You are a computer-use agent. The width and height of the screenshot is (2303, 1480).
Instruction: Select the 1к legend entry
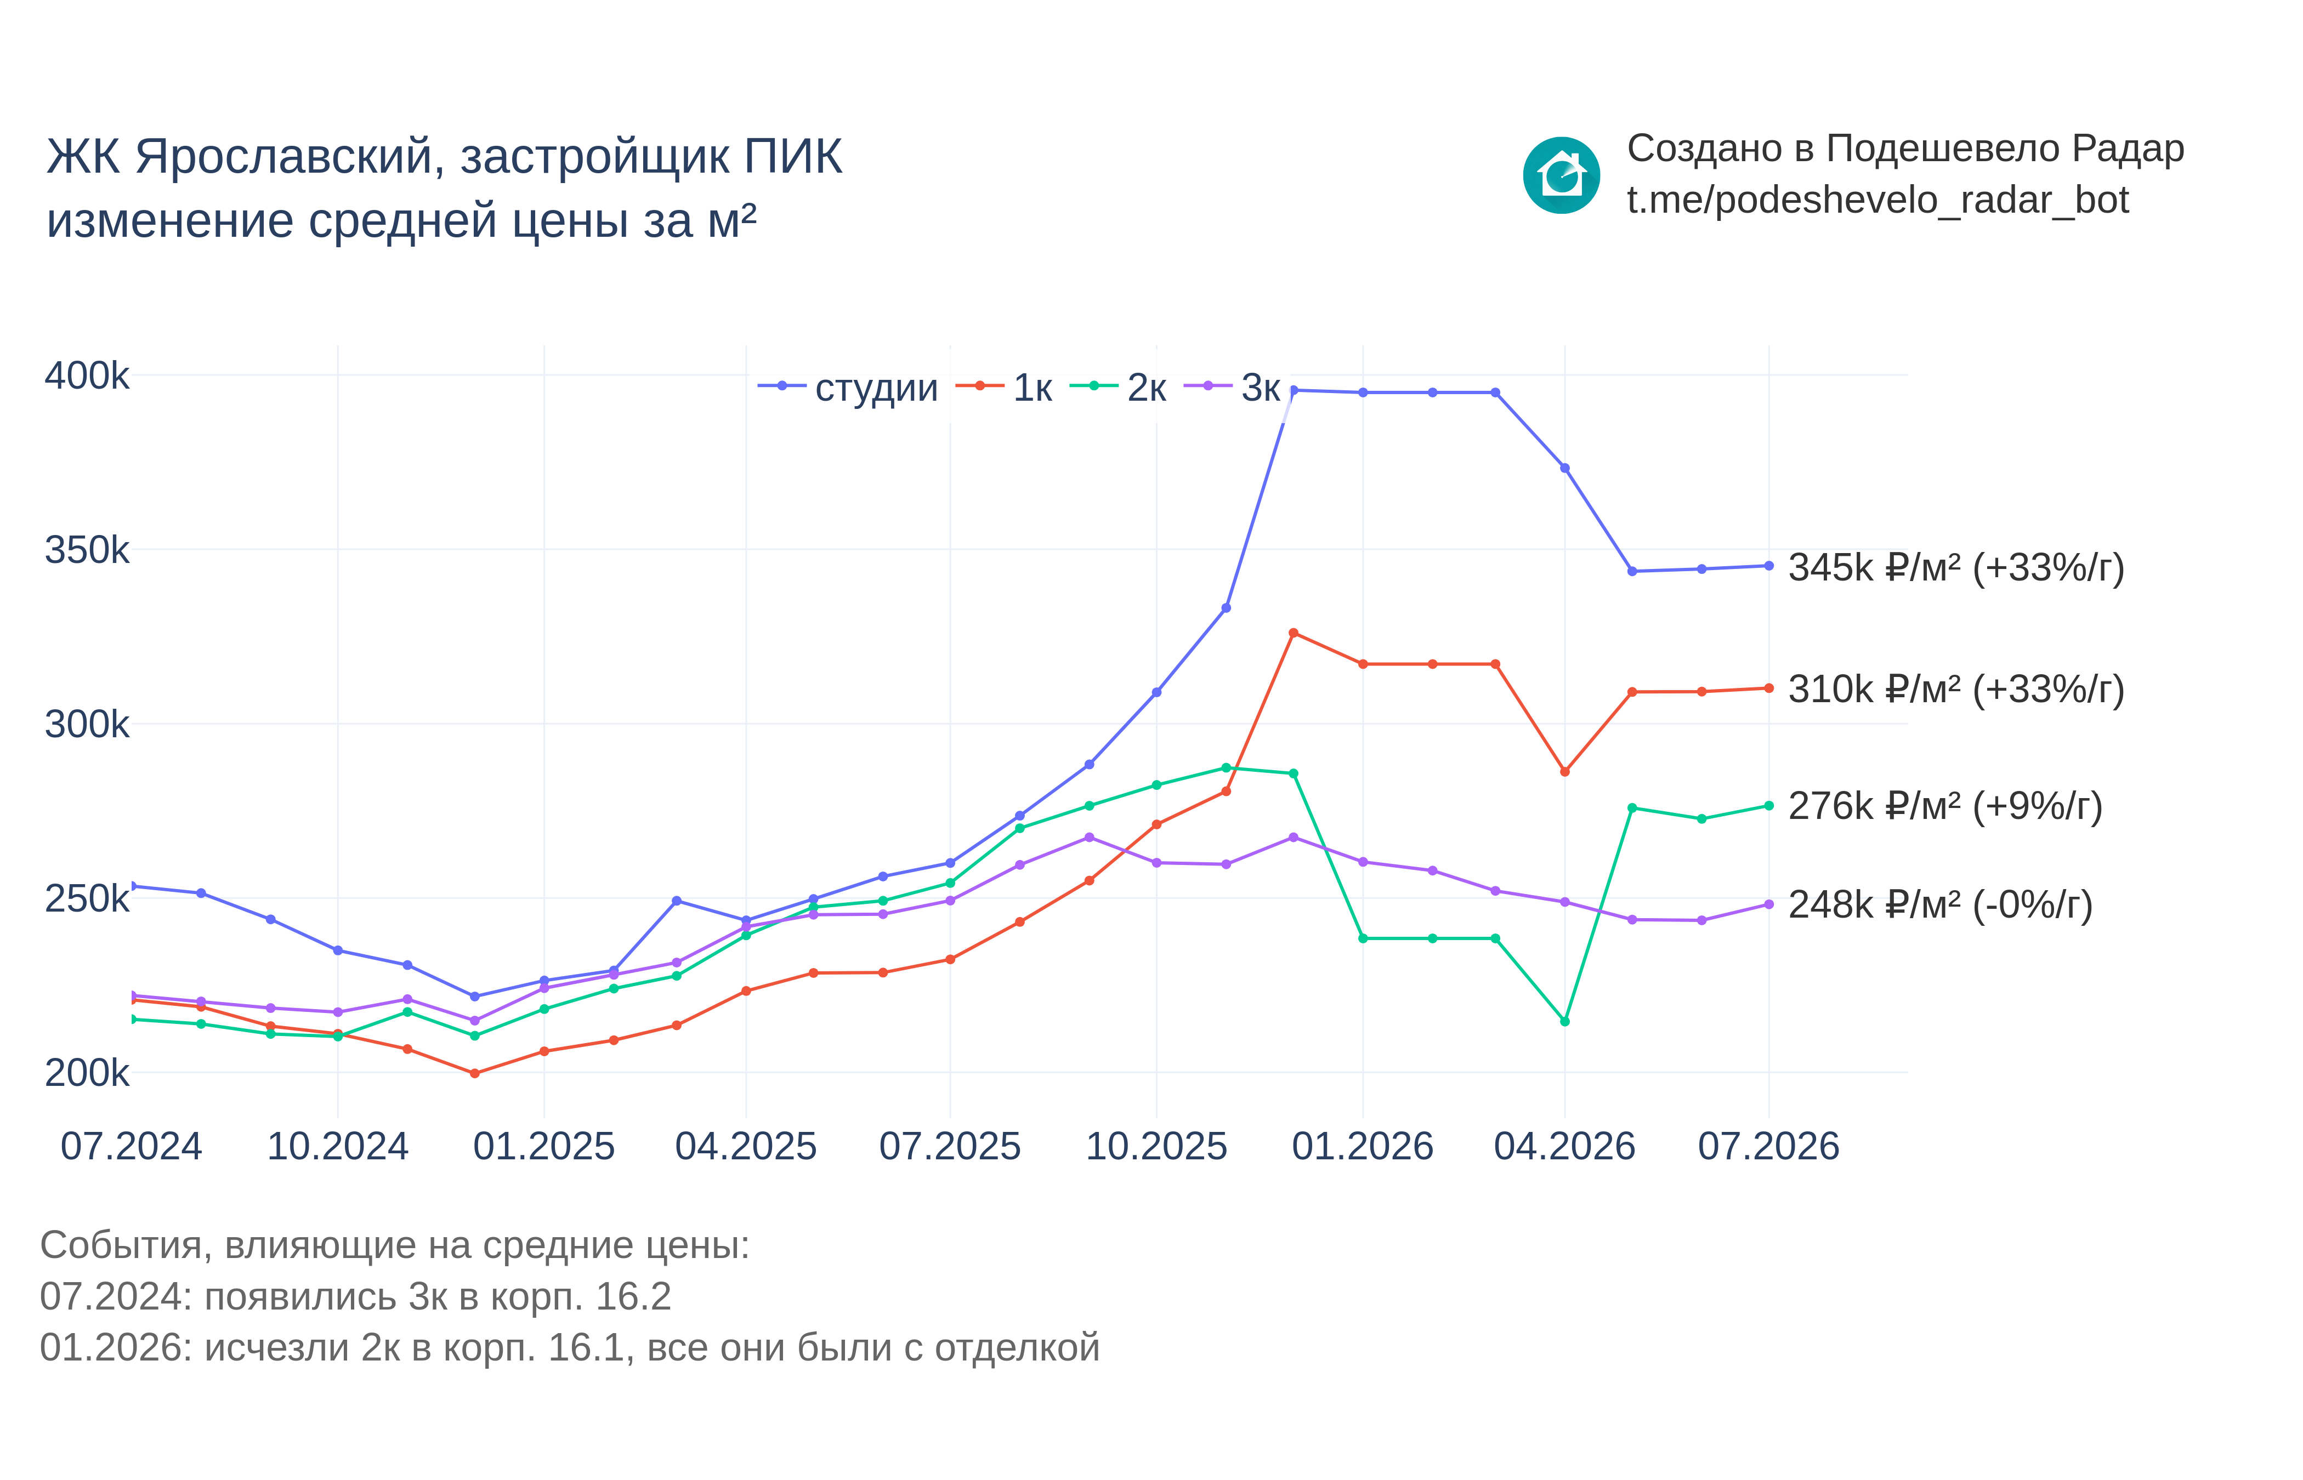(1003, 388)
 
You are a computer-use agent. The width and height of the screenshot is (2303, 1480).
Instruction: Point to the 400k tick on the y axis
(87, 376)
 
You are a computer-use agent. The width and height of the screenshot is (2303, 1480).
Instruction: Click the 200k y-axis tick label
(87, 1073)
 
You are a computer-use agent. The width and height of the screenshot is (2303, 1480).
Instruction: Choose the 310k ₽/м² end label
(1956, 689)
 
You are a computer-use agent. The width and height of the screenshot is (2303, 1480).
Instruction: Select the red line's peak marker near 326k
(1294, 633)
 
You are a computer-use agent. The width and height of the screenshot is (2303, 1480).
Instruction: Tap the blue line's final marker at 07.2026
(1768, 566)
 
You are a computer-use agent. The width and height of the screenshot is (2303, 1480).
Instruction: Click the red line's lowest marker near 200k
(475, 1073)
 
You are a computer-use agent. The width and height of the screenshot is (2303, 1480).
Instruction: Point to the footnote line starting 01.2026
(570, 1347)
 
